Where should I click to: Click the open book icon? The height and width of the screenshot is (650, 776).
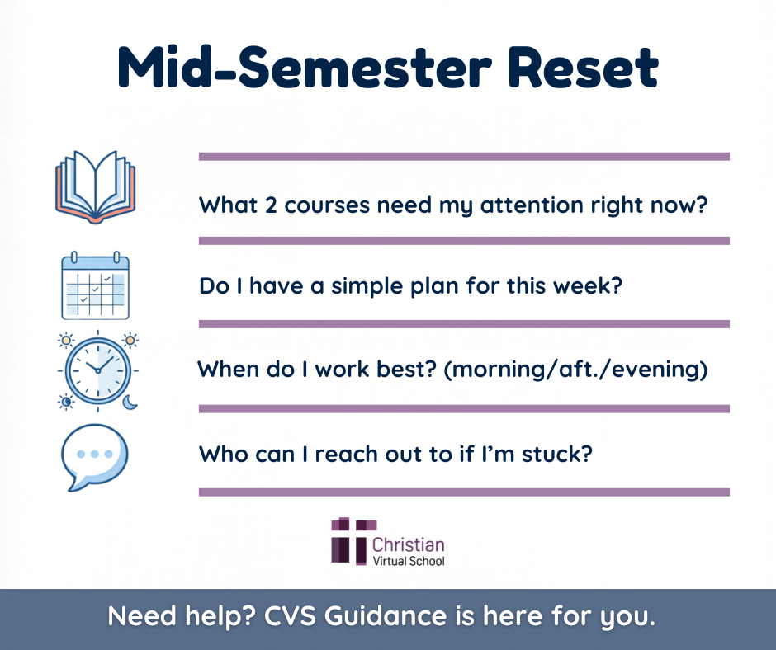point(95,186)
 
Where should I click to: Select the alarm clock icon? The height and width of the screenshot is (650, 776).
point(97,369)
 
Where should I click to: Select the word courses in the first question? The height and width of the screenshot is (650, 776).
point(326,205)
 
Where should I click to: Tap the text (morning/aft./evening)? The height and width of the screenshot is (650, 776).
point(575,370)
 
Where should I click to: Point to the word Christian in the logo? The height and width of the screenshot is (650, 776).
point(409,544)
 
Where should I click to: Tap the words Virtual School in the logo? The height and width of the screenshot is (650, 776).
point(409,561)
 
